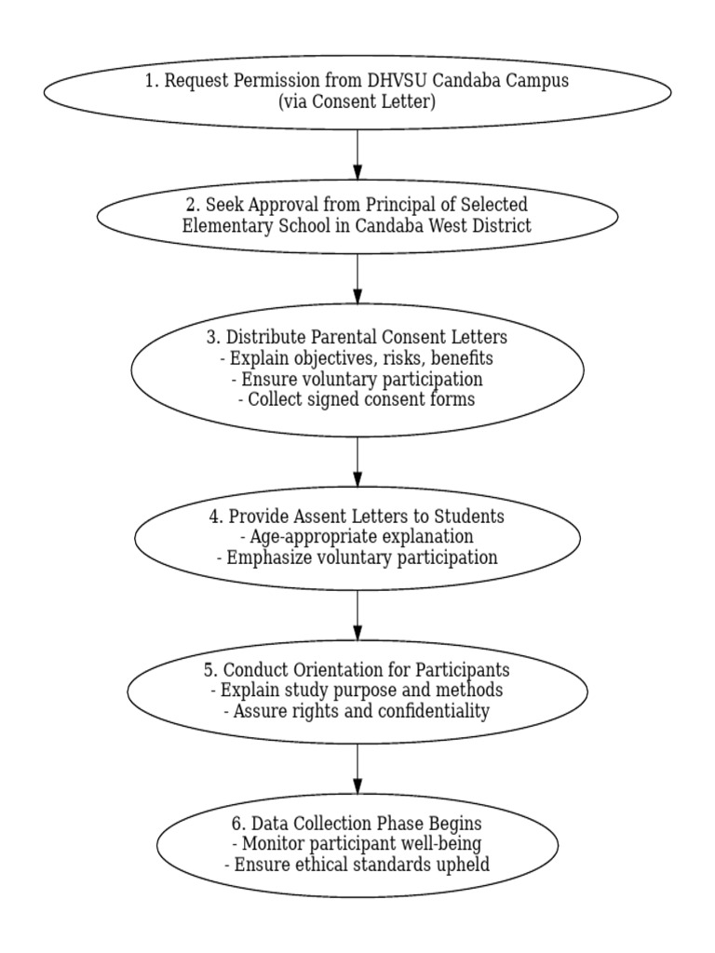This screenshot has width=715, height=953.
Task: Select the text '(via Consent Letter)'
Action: [357, 101]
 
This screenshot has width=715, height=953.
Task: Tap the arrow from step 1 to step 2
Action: [357, 154]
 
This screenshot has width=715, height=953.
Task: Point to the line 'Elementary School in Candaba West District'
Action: [357, 225]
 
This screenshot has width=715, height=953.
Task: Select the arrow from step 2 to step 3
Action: [357, 277]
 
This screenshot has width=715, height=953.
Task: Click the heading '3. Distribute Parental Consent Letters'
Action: [357, 337]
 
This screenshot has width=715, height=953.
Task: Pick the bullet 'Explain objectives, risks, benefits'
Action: [357, 358]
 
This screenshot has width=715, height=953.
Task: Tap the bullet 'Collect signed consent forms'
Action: [357, 399]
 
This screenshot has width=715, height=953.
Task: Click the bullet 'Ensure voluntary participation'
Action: [357, 379]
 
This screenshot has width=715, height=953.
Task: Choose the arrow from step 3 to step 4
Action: [357, 462]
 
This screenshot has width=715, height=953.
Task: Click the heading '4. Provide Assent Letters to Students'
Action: [357, 517]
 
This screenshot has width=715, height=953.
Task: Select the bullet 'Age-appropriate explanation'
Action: [357, 537]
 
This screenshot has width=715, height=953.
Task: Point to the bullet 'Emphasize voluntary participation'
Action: [357, 557]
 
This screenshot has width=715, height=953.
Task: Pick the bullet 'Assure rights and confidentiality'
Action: [357, 711]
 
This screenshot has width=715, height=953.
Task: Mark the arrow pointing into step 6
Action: [357, 769]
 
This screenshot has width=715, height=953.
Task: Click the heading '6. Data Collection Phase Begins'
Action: [357, 824]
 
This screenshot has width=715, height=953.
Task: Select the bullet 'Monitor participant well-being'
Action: [357, 844]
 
